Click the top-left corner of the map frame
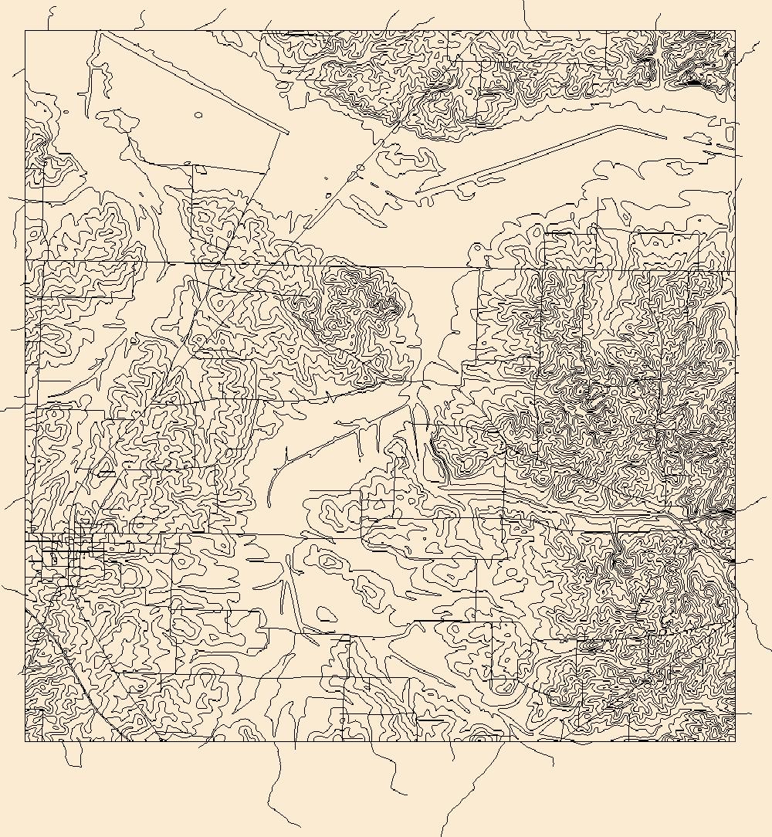25,31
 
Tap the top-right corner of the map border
735,31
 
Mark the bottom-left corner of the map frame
25,741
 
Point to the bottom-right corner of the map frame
735,741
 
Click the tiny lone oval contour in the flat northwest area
198,115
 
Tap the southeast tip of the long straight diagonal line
288,133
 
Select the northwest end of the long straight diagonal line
100,32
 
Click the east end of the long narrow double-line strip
665,137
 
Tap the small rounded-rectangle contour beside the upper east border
730,134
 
